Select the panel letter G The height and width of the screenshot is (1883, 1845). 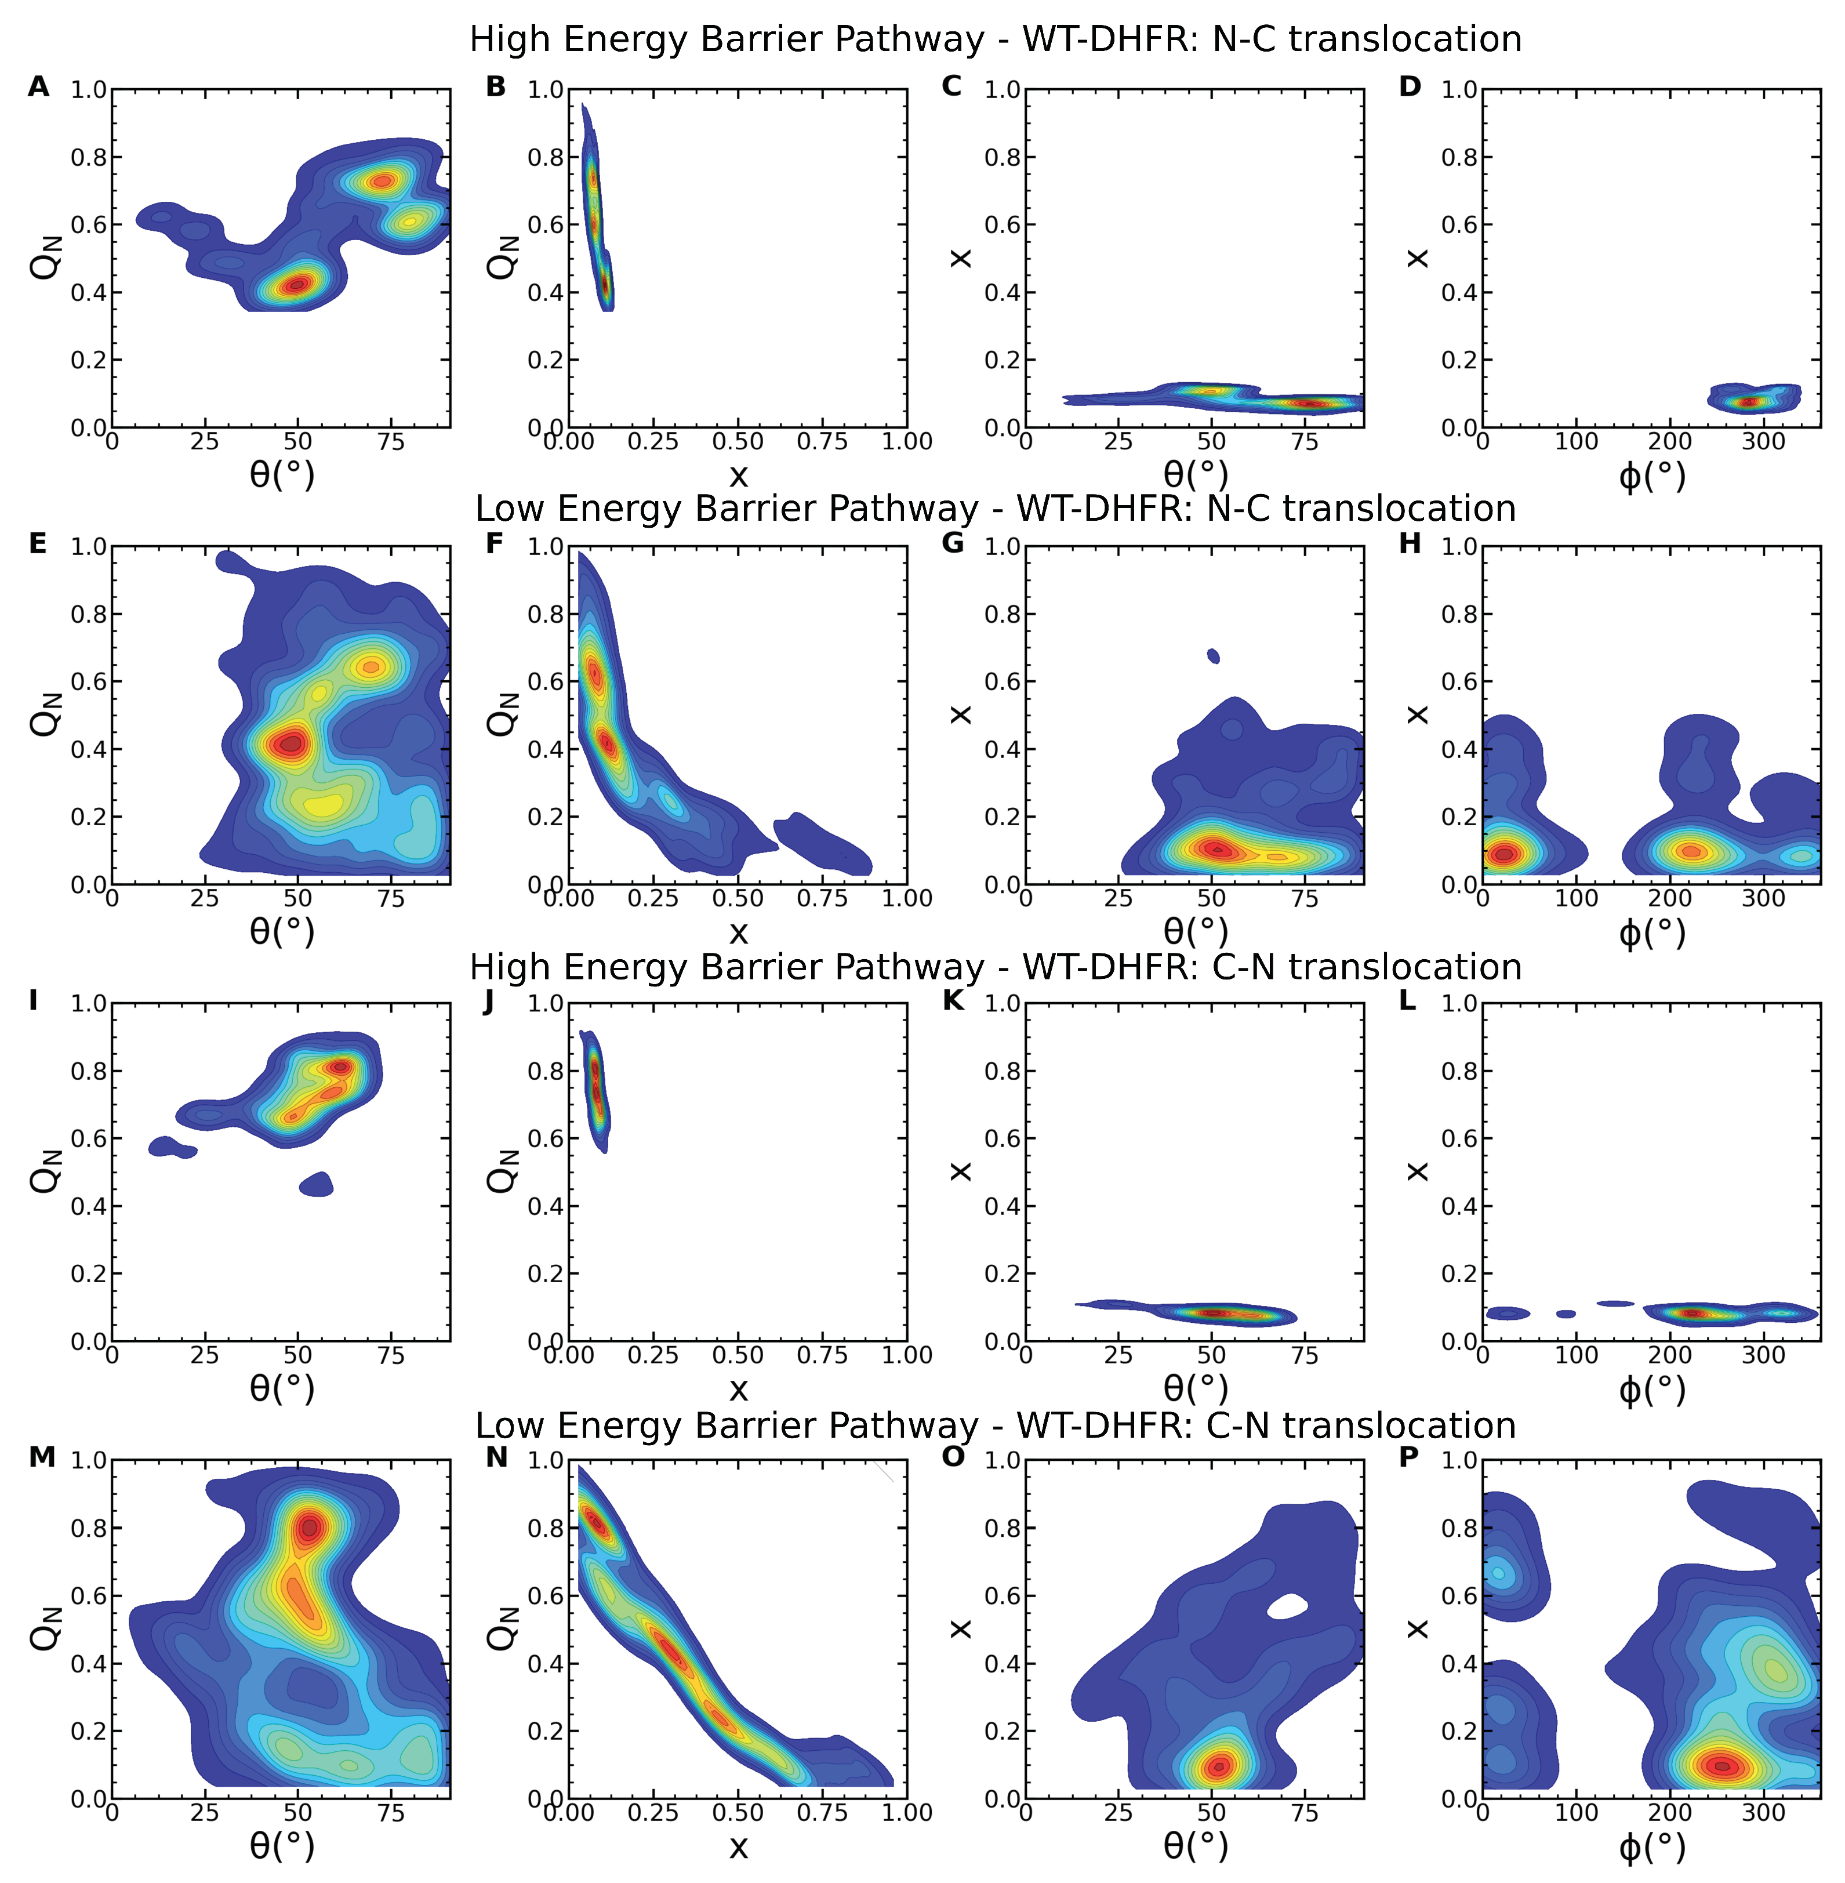click(953, 544)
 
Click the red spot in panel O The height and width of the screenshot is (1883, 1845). click(1219, 1766)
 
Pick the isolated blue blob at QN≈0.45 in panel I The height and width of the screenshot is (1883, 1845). click(317, 1184)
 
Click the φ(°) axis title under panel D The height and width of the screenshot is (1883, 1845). click(1651, 476)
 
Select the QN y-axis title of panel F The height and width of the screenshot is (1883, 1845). click(502, 714)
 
